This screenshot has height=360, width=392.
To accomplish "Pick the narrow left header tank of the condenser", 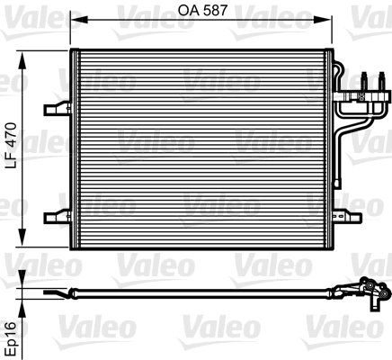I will (x=76, y=144).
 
